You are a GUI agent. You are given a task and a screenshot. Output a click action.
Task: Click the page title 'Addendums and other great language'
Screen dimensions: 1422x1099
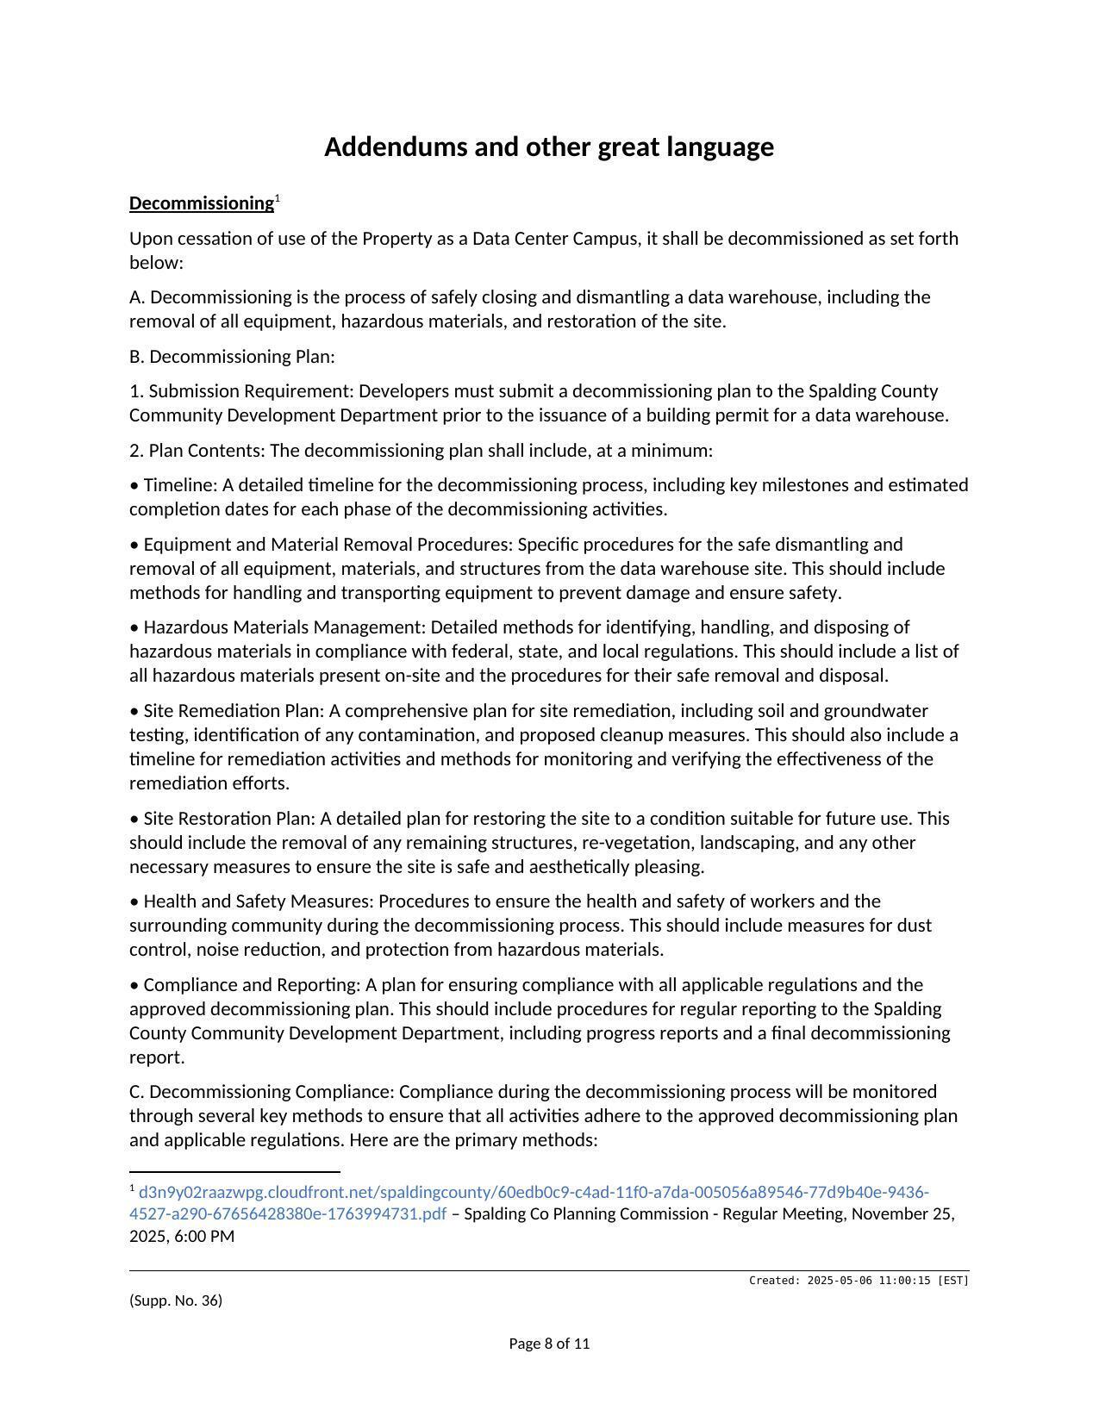pyautogui.click(x=549, y=147)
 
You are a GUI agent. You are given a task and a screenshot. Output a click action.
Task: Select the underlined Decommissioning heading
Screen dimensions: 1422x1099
pyautogui.click(x=202, y=203)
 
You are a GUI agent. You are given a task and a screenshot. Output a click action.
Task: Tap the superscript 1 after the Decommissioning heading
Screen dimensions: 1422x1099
pyautogui.click(x=278, y=199)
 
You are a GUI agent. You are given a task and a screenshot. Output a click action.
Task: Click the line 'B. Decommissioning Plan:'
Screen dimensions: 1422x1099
pyautogui.click(x=232, y=357)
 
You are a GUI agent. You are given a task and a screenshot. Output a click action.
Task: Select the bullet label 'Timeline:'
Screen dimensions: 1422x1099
pyautogui.click(x=180, y=485)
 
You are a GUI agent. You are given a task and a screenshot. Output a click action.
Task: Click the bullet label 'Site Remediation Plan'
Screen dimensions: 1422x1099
pyautogui.click(x=233, y=711)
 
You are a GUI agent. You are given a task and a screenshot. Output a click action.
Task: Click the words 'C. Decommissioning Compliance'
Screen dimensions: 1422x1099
pyautogui.click(x=261, y=1092)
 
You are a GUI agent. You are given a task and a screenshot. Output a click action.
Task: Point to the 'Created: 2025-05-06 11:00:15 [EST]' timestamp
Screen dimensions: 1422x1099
pyautogui.click(x=859, y=1281)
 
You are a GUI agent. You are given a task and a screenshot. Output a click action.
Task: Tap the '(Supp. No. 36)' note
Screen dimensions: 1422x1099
pyautogui.click(x=176, y=1300)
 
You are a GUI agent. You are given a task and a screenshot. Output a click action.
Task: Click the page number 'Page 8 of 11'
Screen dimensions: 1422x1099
pyautogui.click(x=549, y=1344)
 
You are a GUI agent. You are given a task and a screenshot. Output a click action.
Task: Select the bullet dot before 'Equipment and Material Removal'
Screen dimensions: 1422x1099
pyautogui.click(x=134, y=546)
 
